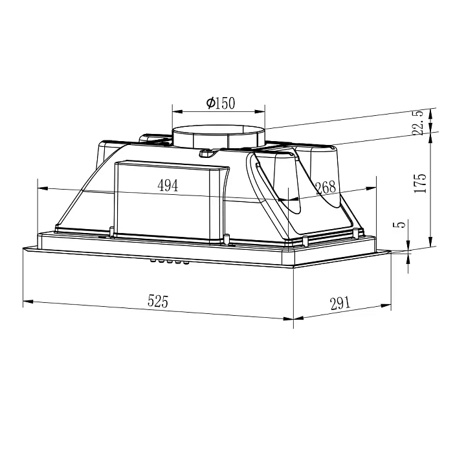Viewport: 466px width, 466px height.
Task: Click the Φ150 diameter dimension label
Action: point(221,103)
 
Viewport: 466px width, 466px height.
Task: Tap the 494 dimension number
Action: point(168,186)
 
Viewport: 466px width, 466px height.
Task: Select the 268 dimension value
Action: point(326,188)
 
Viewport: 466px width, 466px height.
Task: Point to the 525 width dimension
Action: point(158,301)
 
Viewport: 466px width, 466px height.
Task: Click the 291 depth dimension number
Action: point(340,303)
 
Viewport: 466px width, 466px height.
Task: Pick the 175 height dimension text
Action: point(420,183)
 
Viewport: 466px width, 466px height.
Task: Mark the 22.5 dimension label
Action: point(418,123)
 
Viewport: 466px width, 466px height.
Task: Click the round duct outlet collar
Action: point(219,137)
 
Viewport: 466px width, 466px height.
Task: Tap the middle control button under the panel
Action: point(170,262)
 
